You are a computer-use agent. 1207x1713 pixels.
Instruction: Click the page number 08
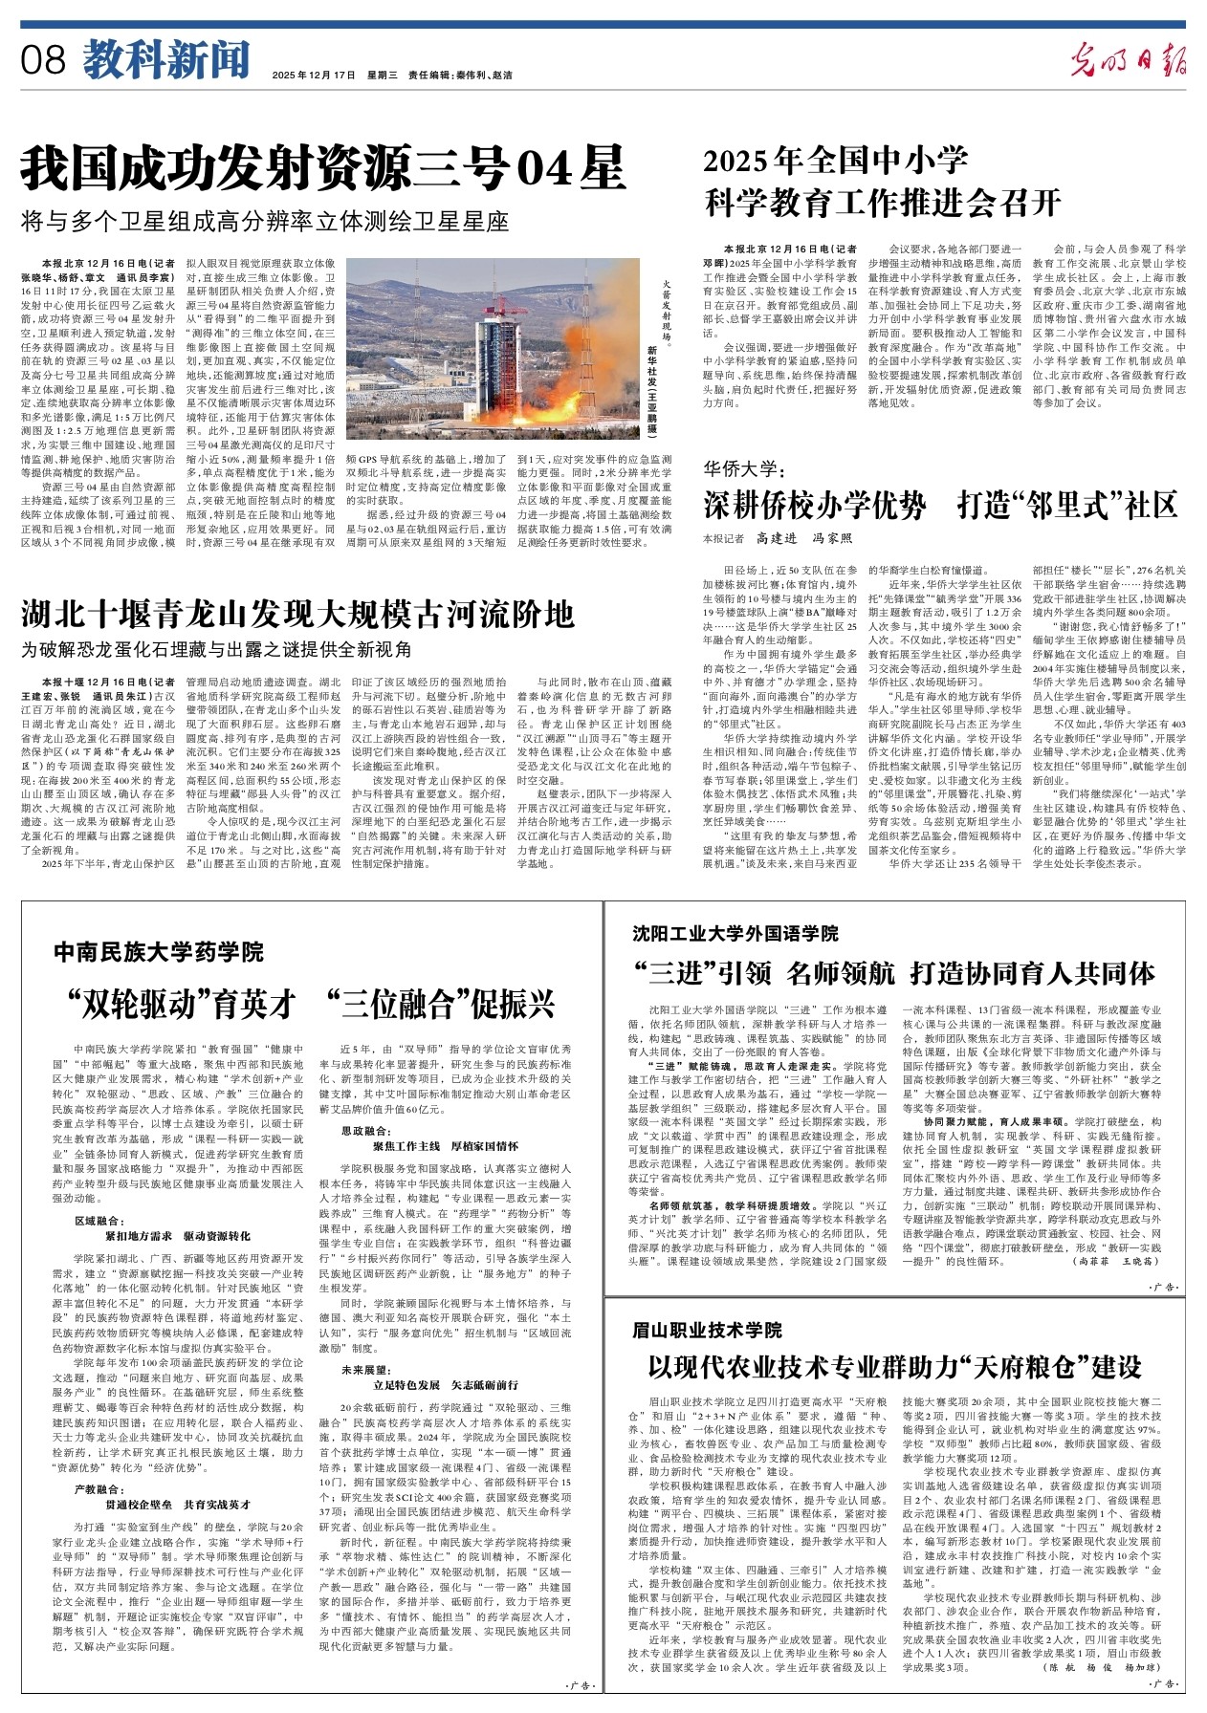44,60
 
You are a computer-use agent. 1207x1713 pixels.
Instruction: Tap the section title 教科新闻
165,59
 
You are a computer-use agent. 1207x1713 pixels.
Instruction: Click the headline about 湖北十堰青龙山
298,612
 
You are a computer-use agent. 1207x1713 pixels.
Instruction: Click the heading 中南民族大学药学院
159,951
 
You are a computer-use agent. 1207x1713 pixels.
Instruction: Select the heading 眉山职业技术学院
707,1330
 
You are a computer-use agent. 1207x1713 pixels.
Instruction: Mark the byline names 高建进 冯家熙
803,538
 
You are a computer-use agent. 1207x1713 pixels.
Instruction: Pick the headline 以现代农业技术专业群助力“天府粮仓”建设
895,1365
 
